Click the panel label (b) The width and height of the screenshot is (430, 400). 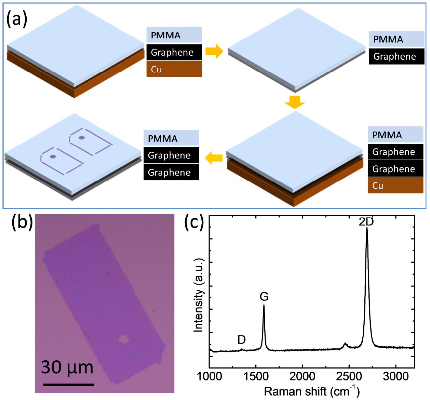pos(22,222)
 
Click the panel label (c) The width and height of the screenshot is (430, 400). pos(194,222)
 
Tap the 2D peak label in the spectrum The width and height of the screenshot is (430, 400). pos(366,222)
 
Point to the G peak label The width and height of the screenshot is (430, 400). pos(264,296)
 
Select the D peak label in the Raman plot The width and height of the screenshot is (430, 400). pos(241,340)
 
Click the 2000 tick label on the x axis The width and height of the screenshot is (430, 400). pos(303,376)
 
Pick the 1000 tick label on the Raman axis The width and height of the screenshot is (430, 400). pos(210,376)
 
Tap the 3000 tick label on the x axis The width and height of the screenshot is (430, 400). pos(396,376)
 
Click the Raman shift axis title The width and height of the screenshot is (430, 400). pos(311,391)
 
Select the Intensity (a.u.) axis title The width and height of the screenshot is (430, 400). pos(199,295)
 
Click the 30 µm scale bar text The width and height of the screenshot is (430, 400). pos(67,367)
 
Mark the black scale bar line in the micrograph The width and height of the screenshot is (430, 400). pos(68,385)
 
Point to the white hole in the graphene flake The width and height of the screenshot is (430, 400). pos(123,339)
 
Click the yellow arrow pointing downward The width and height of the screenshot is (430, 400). pos(294,102)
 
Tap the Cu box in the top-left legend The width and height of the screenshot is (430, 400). pos(174,69)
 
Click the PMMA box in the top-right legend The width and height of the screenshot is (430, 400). pos(397,39)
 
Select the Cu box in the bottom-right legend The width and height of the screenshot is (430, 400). pos(395,185)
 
